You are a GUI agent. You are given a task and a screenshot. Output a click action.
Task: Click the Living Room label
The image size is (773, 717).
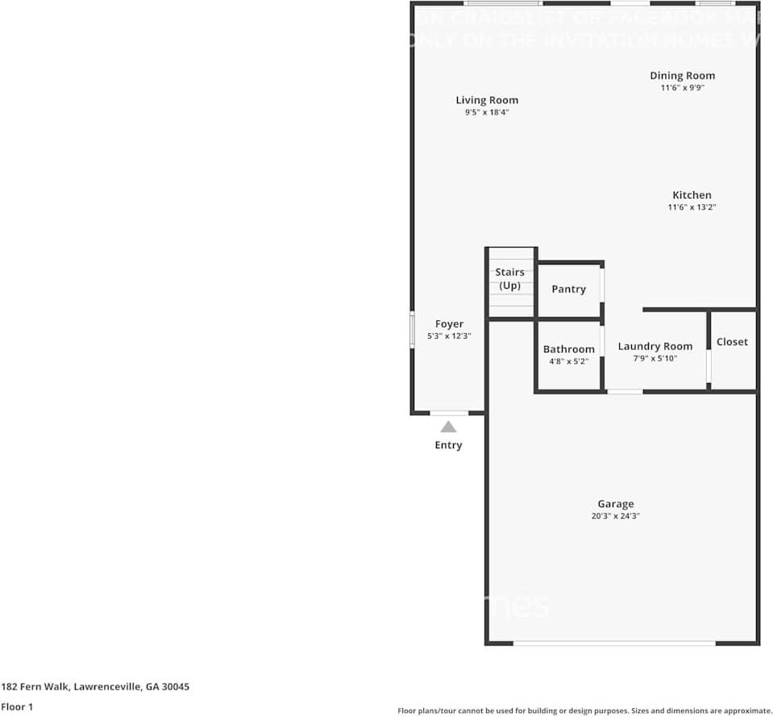[x=487, y=100]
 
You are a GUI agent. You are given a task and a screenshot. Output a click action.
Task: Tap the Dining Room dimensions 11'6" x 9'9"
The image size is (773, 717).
[x=682, y=88]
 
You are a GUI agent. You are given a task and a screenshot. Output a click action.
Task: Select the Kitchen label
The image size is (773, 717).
[x=692, y=194]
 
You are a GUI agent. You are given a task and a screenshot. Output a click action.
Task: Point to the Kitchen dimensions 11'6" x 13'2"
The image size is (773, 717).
[x=692, y=207]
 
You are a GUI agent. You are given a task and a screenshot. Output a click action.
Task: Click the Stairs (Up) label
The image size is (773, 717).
[x=509, y=279]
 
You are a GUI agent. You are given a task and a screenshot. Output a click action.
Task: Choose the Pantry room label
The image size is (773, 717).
[x=568, y=289]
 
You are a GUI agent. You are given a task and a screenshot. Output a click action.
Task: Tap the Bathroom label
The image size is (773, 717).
[x=568, y=349]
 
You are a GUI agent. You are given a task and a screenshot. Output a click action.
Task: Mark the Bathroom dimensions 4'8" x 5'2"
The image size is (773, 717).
[x=568, y=361]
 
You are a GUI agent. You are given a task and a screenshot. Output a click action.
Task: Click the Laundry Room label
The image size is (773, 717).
[x=655, y=346]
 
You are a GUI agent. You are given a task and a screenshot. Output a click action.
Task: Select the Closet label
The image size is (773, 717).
[x=732, y=342]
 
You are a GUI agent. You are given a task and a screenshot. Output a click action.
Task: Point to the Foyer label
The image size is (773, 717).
[x=449, y=323]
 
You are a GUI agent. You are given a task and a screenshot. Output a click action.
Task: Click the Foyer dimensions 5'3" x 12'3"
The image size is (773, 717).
[x=449, y=336]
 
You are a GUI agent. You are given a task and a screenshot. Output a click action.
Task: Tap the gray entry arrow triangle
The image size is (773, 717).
[x=448, y=427]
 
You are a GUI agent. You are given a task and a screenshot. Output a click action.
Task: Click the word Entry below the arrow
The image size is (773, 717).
[x=448, y=445]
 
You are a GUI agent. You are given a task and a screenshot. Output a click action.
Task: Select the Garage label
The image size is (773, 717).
[x=615, y=504]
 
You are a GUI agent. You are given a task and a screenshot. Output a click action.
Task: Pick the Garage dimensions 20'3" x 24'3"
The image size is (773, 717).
[x=615, y=516]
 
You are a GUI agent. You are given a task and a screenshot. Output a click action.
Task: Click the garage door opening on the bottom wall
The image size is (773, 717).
[x=614, y=643]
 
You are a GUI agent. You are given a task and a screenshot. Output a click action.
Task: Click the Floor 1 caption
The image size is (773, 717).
[x=17, y=707]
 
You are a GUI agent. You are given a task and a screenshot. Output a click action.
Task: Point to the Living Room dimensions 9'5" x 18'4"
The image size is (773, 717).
[x=487, y=113]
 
